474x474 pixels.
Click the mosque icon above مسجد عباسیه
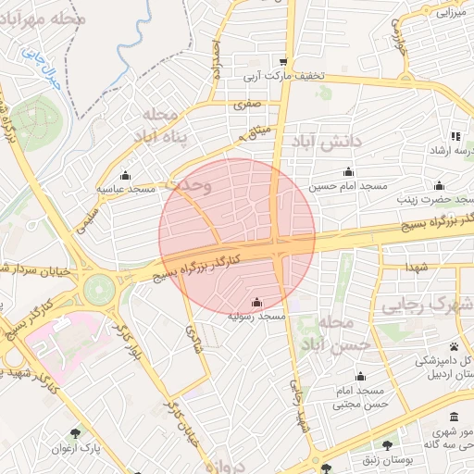pyautogui.click(x=127, y=176)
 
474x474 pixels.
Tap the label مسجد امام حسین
pyautogui.click(x=348, y=186)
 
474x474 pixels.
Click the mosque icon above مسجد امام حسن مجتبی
pyautogui.click(x=360, y=377)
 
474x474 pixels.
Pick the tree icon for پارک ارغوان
pyautogui.click(x=75, y=432)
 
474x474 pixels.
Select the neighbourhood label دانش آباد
pyautogui.click(x=328, y=141)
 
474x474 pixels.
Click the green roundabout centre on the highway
pyautogui.click(x=96, y=290)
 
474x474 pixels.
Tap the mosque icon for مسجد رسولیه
pyautogui.click(x=256, y=303)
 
